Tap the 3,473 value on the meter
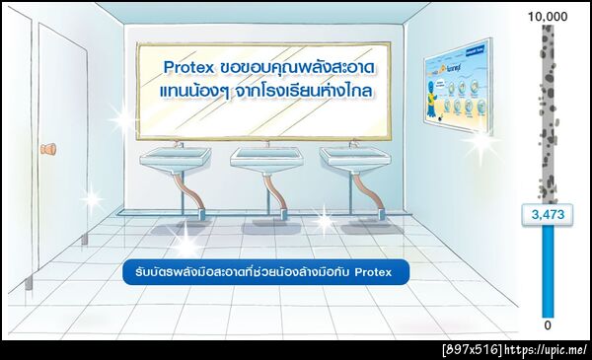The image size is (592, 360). pyautogui.click(x=548, y=215)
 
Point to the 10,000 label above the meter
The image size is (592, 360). pyautogui.click(x=548, y=17)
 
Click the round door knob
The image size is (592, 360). pyautogui.click(x=47, y=150)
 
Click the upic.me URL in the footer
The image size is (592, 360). pyautogui.click(x=550, y=349)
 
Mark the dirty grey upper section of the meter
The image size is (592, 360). pyautogui.click(x=548, y=108)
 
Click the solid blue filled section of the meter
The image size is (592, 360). pyautogui.click(x=548, y=276)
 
